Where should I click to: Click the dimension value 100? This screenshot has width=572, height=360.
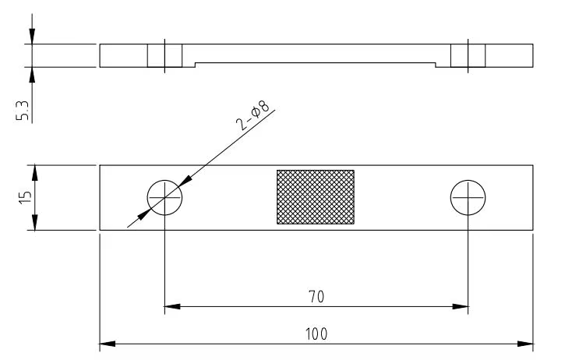click(x=316, y=334)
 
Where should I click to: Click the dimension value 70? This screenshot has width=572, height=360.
click(x=316, y=297)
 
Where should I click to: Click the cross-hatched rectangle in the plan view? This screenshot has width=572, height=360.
click(x=316, y=197)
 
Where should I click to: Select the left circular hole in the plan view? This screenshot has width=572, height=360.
click(x=164, y=198)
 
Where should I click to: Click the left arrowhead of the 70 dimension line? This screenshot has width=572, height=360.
click(x=171, y=306)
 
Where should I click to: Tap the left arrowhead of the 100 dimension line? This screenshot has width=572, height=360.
click(x=106, y=343)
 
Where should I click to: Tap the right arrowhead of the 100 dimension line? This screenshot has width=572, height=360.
click(x=527, y=343)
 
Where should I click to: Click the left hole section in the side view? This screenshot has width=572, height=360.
click(x=164, y=55)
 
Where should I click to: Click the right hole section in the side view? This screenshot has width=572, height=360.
click(x=468, y=55)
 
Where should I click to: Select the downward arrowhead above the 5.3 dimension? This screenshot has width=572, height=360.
click(x=32, y=38)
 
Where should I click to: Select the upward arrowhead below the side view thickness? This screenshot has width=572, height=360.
click(x=32, y=73)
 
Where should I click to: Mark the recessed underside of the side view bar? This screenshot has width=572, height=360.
click(x=315, y=63)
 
